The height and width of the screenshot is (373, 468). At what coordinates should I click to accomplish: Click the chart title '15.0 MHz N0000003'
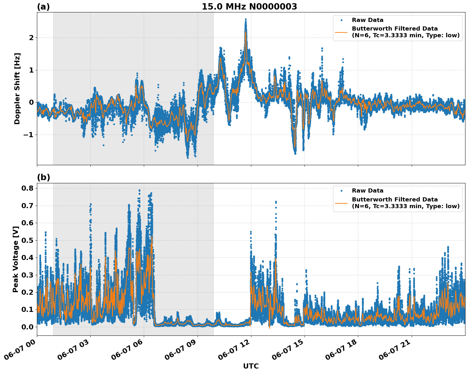[249, 7]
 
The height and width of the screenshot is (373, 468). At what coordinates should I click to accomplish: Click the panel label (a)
[43, 7]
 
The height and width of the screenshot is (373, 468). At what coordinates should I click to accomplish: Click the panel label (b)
[43, 177]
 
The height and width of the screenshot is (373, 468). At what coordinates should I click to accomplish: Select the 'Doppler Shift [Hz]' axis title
[17, 88]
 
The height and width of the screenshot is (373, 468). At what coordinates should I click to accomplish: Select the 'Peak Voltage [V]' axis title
[16, 259]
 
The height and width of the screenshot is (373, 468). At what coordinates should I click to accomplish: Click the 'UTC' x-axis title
[251, 366]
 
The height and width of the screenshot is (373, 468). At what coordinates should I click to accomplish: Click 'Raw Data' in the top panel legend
[367, 20]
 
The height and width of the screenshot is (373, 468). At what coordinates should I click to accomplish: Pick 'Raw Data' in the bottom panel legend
[367, 191]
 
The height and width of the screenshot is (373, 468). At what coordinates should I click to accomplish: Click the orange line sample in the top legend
[341, 32]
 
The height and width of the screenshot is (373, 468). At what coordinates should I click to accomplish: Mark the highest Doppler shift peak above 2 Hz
[246, 19]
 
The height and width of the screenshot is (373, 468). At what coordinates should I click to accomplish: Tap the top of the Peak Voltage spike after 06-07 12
[276, 202]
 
